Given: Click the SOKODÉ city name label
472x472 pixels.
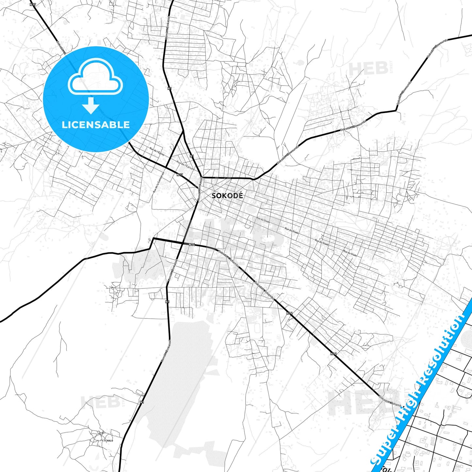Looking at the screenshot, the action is click(x=227, y=196).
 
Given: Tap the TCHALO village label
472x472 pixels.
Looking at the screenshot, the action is click(x=108, y=441).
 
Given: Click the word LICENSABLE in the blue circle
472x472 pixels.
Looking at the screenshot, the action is click(x=96, y=124).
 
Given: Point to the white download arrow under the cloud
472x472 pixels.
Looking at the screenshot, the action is click(x=91, y=106).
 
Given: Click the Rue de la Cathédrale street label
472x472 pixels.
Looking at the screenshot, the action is click(x=159, y=182).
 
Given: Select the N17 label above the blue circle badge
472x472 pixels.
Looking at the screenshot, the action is click(x=32, y=5).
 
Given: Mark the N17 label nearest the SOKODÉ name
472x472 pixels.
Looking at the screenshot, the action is click(x=179, y=175).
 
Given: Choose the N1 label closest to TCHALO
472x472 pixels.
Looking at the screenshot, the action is click(x=141, y=402).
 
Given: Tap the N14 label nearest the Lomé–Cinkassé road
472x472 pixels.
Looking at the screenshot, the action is click(x=192, y=244).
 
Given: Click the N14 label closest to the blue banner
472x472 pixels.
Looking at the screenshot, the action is click(x=333, y=353).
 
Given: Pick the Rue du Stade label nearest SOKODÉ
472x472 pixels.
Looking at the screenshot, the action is click(x=263, y=220).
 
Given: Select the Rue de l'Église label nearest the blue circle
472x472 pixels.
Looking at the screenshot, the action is click(x=157, y=151).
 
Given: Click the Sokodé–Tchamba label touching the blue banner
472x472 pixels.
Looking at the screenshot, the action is click(x=390, y=401).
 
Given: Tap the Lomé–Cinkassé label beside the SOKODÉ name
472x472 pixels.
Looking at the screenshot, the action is click(x=200, y=188).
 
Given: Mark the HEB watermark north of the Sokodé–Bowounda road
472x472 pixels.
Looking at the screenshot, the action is click(x=368, y=69).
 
